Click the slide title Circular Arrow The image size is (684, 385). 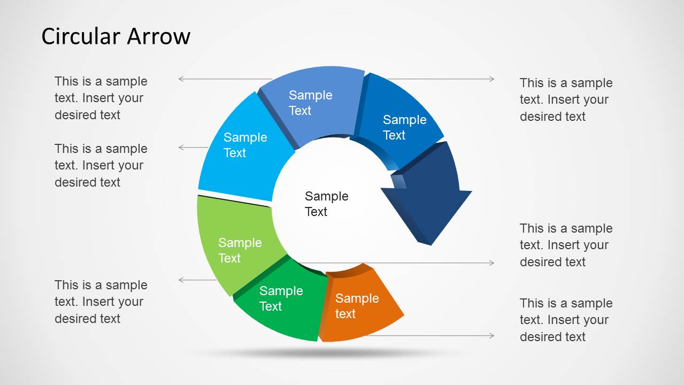(116, 36)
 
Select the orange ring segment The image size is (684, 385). (360, 305)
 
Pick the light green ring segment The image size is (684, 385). (238, 244)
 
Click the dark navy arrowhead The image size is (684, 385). (427, 198)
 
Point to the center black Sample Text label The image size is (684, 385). (326, 204)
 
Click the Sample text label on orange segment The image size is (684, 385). (357, 306)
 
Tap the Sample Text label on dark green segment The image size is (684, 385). (281, 298)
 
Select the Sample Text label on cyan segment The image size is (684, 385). (245, 145)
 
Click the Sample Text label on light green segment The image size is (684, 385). (240, 250)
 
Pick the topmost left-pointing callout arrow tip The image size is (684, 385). (179, 79)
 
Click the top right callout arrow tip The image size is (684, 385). (494, 79)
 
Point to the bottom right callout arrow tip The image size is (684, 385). (494, 336)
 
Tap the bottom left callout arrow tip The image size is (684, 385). (179, 280)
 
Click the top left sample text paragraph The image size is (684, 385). (101, 98)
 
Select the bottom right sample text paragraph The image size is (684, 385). (566, 320)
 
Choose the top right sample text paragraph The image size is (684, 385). (566, 99)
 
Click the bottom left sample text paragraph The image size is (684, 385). (101, 302)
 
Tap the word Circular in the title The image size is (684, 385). (81, 36)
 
